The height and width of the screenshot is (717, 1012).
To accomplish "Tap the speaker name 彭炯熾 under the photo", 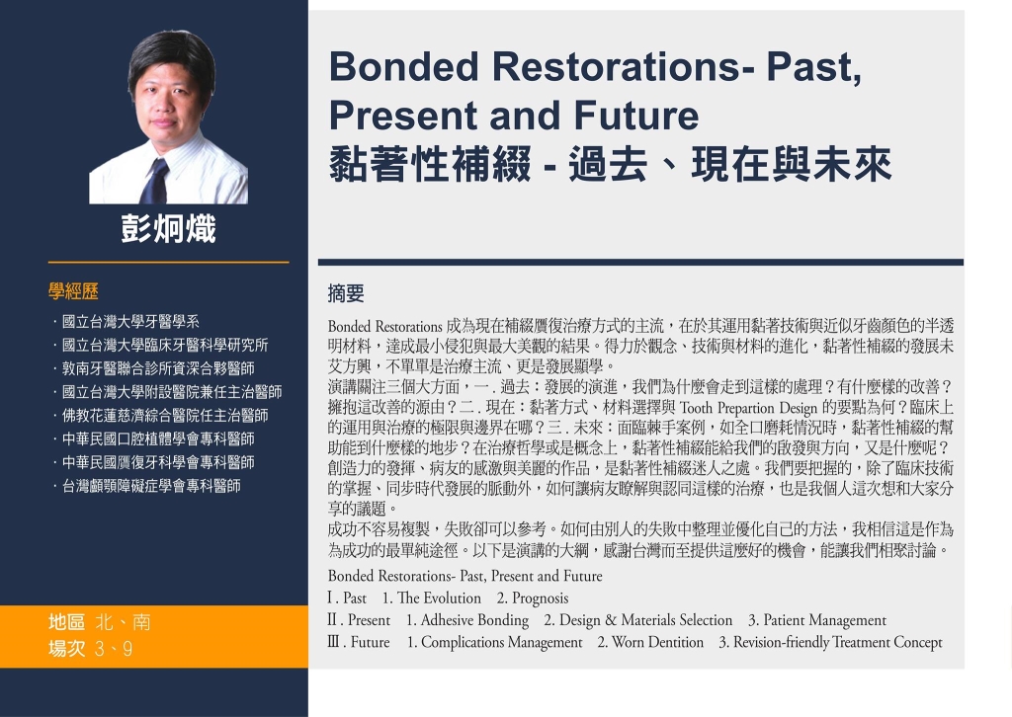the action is point(168,229).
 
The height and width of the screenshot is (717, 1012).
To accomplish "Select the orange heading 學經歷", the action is point(73,291).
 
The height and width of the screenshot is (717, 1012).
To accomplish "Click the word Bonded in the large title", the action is point(404,66).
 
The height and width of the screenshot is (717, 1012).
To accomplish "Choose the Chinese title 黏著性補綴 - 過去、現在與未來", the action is point(611,164).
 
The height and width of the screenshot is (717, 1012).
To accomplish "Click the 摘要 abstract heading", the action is point(346,293).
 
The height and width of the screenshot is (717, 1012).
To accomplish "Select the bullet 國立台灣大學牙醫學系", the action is point(130,322).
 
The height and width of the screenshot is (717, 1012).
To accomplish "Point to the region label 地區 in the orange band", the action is point(66,622).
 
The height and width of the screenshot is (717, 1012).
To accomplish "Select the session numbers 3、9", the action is point(114,649).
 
